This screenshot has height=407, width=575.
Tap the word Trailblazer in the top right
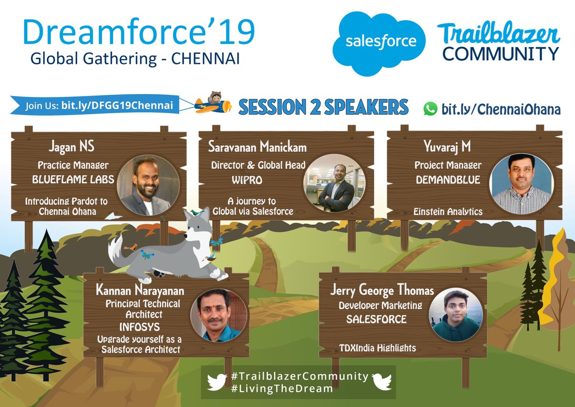[x=498, y=35]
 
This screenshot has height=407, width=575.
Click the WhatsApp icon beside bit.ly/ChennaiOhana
[x=430, y=109]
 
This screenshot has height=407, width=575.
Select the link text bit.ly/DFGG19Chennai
[x=117, y=105]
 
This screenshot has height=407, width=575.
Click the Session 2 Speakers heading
[x=323, y=107]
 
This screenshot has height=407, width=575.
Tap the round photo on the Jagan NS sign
[x=148, y=185]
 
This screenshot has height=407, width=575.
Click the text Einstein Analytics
[x=448, y=211]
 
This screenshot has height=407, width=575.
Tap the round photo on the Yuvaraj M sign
[x=521, y=185]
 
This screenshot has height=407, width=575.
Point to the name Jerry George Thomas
[x=382, y=290]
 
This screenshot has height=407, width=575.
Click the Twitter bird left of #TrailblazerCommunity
[x=217, y=382]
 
